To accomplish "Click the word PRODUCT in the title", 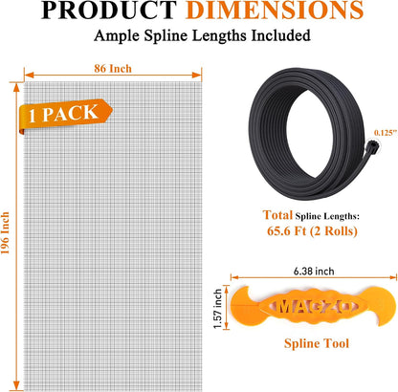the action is click(109, 10).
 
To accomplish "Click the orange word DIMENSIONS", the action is click(275, 10).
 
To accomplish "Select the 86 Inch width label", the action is click(113, 68).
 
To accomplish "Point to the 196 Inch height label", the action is click(6, 233).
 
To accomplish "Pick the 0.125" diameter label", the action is click(386, 133).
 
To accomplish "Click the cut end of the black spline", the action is click(372, 147).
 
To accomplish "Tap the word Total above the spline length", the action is click(277, 215).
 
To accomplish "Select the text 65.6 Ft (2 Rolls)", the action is click(312, 230).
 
